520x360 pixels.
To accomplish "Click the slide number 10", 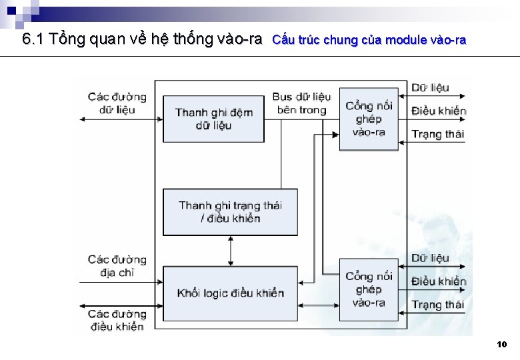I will click(502, 345).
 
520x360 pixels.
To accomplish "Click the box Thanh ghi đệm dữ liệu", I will click(213, 119).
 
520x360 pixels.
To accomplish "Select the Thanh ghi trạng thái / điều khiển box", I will click(230, 211).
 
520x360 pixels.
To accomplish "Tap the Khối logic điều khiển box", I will click(230, 293).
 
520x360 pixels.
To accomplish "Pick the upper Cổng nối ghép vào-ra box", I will click(369, 119).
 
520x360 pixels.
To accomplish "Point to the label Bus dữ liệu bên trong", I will click(301, 103).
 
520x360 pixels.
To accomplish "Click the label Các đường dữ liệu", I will click(117, 103).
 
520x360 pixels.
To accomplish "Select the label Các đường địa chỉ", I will click(117, 265).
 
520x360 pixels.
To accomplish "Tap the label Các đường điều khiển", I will click(117, 320).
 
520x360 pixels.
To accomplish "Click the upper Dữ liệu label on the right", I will click(430, 87).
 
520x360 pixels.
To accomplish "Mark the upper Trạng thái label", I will click(437, 134).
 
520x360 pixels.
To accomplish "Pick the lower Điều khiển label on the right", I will click(438, 281).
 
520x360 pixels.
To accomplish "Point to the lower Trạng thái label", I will click(437, 305).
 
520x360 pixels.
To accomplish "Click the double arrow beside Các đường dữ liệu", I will click(120, 119).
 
